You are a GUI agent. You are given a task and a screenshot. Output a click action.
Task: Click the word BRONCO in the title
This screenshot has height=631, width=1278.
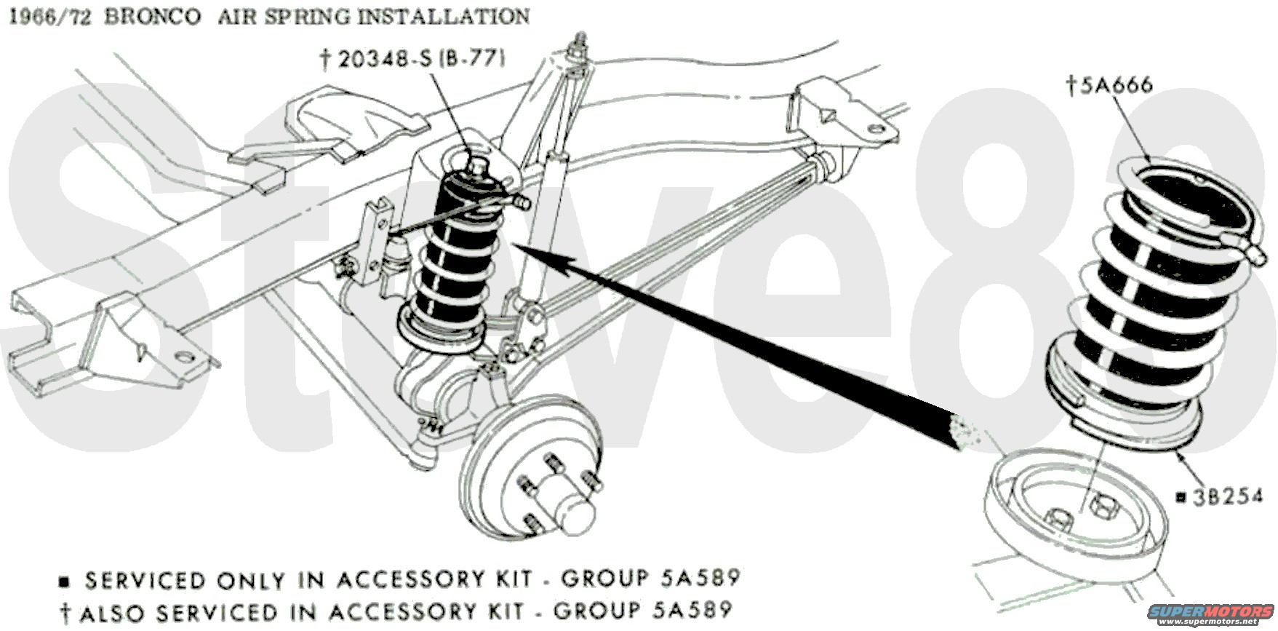point(152,16)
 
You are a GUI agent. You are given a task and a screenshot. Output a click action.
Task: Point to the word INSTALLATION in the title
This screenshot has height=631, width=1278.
point(445,16)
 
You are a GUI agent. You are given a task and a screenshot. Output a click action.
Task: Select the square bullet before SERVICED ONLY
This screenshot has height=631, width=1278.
point(65,582)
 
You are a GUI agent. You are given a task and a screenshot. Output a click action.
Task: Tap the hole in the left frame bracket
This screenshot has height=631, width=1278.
point(183,356)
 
